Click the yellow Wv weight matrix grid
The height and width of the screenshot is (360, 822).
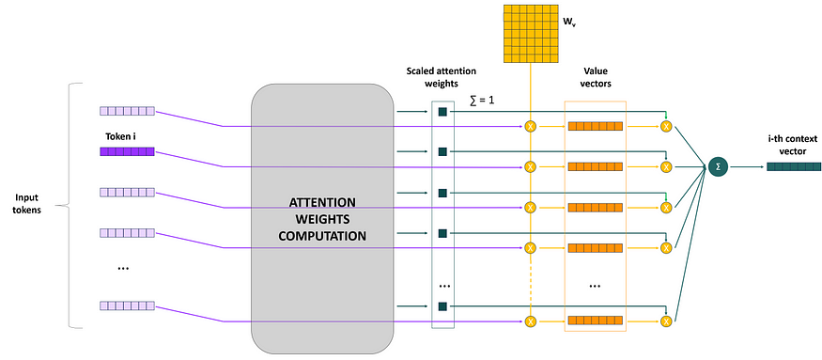pyautogui.click(x=532, y=33)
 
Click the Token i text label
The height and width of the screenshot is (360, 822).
pyautogui.click(x=119, y=135)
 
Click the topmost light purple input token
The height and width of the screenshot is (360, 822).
pyautogui.click(x=125, y=110)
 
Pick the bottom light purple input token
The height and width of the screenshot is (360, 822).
pyautogui.click(x=125, y=305)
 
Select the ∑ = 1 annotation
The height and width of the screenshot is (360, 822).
pyautogui.click(x=482, y=100)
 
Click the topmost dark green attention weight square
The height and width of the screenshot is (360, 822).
pyautogui.click(x=442, y=113)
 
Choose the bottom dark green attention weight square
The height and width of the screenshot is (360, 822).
pyautogui.click(x=442, y=305)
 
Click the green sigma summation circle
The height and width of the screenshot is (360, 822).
pyautogui.click(x=719, y=167)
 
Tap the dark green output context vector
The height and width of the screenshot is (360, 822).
pyautogui.click(x=792, y=167)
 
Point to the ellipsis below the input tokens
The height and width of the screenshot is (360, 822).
pyautogui.click(x=123, y=269)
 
